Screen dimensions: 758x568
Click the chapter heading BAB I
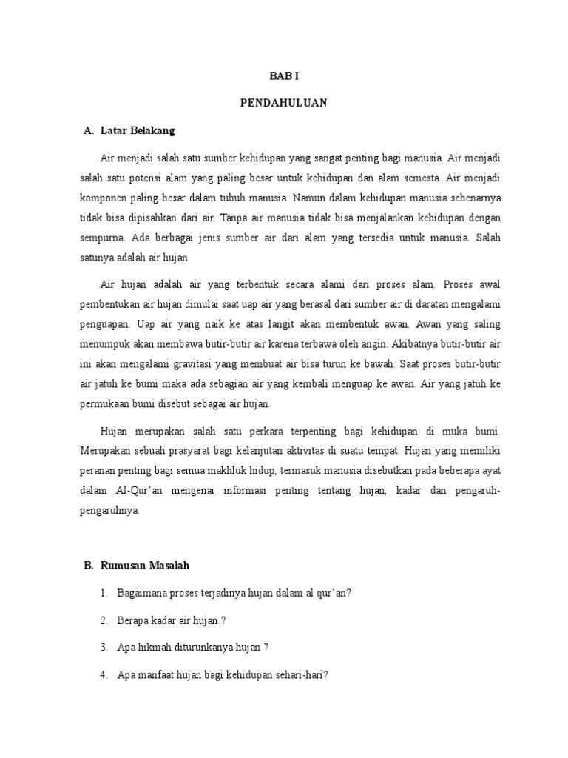pyautogui.click(x=283, y=76)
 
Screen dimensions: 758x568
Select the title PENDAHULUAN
pyautogui.click(x=283, y=104)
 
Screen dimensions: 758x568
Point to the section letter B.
pyautogui.click(x=87, y=566)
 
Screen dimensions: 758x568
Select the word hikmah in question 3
pyautogui.click(x=151, y=647)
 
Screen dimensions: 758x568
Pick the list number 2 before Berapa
pyautogui.click(x=105, y=620)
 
